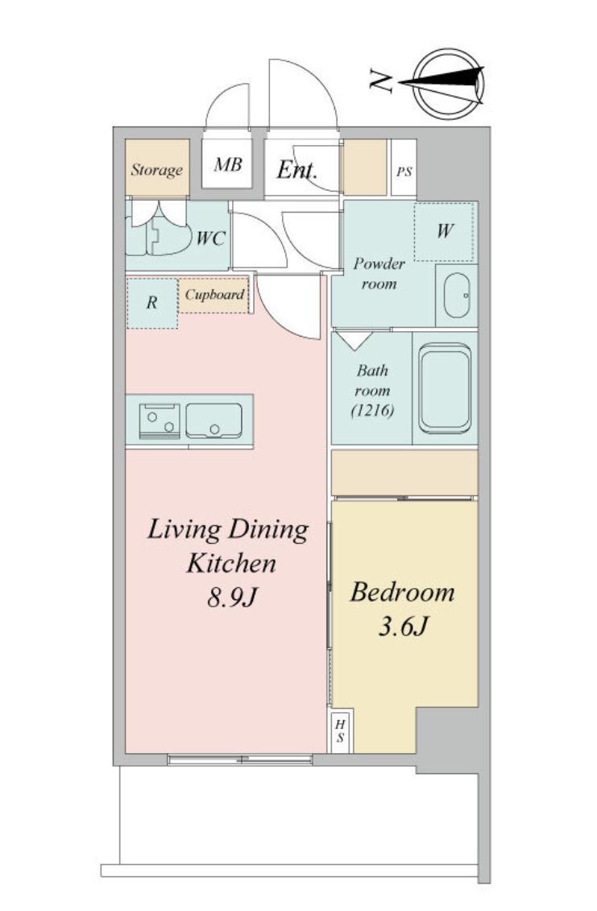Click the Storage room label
[156, 170]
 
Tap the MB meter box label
[227, 164]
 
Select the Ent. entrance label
[296, 170]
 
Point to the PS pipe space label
[404, 172]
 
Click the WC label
[210, 238]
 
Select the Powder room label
[379, 274]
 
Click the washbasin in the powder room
[457, 295]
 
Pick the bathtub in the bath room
[445, 388]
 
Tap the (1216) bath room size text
[372, 411]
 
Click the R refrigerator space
[152, 303]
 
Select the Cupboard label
[214, 295]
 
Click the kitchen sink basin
[214, 420]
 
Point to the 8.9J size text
[232, 597]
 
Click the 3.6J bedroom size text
[403, 627]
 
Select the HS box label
[341, 731]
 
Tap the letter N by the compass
[381, 81]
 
